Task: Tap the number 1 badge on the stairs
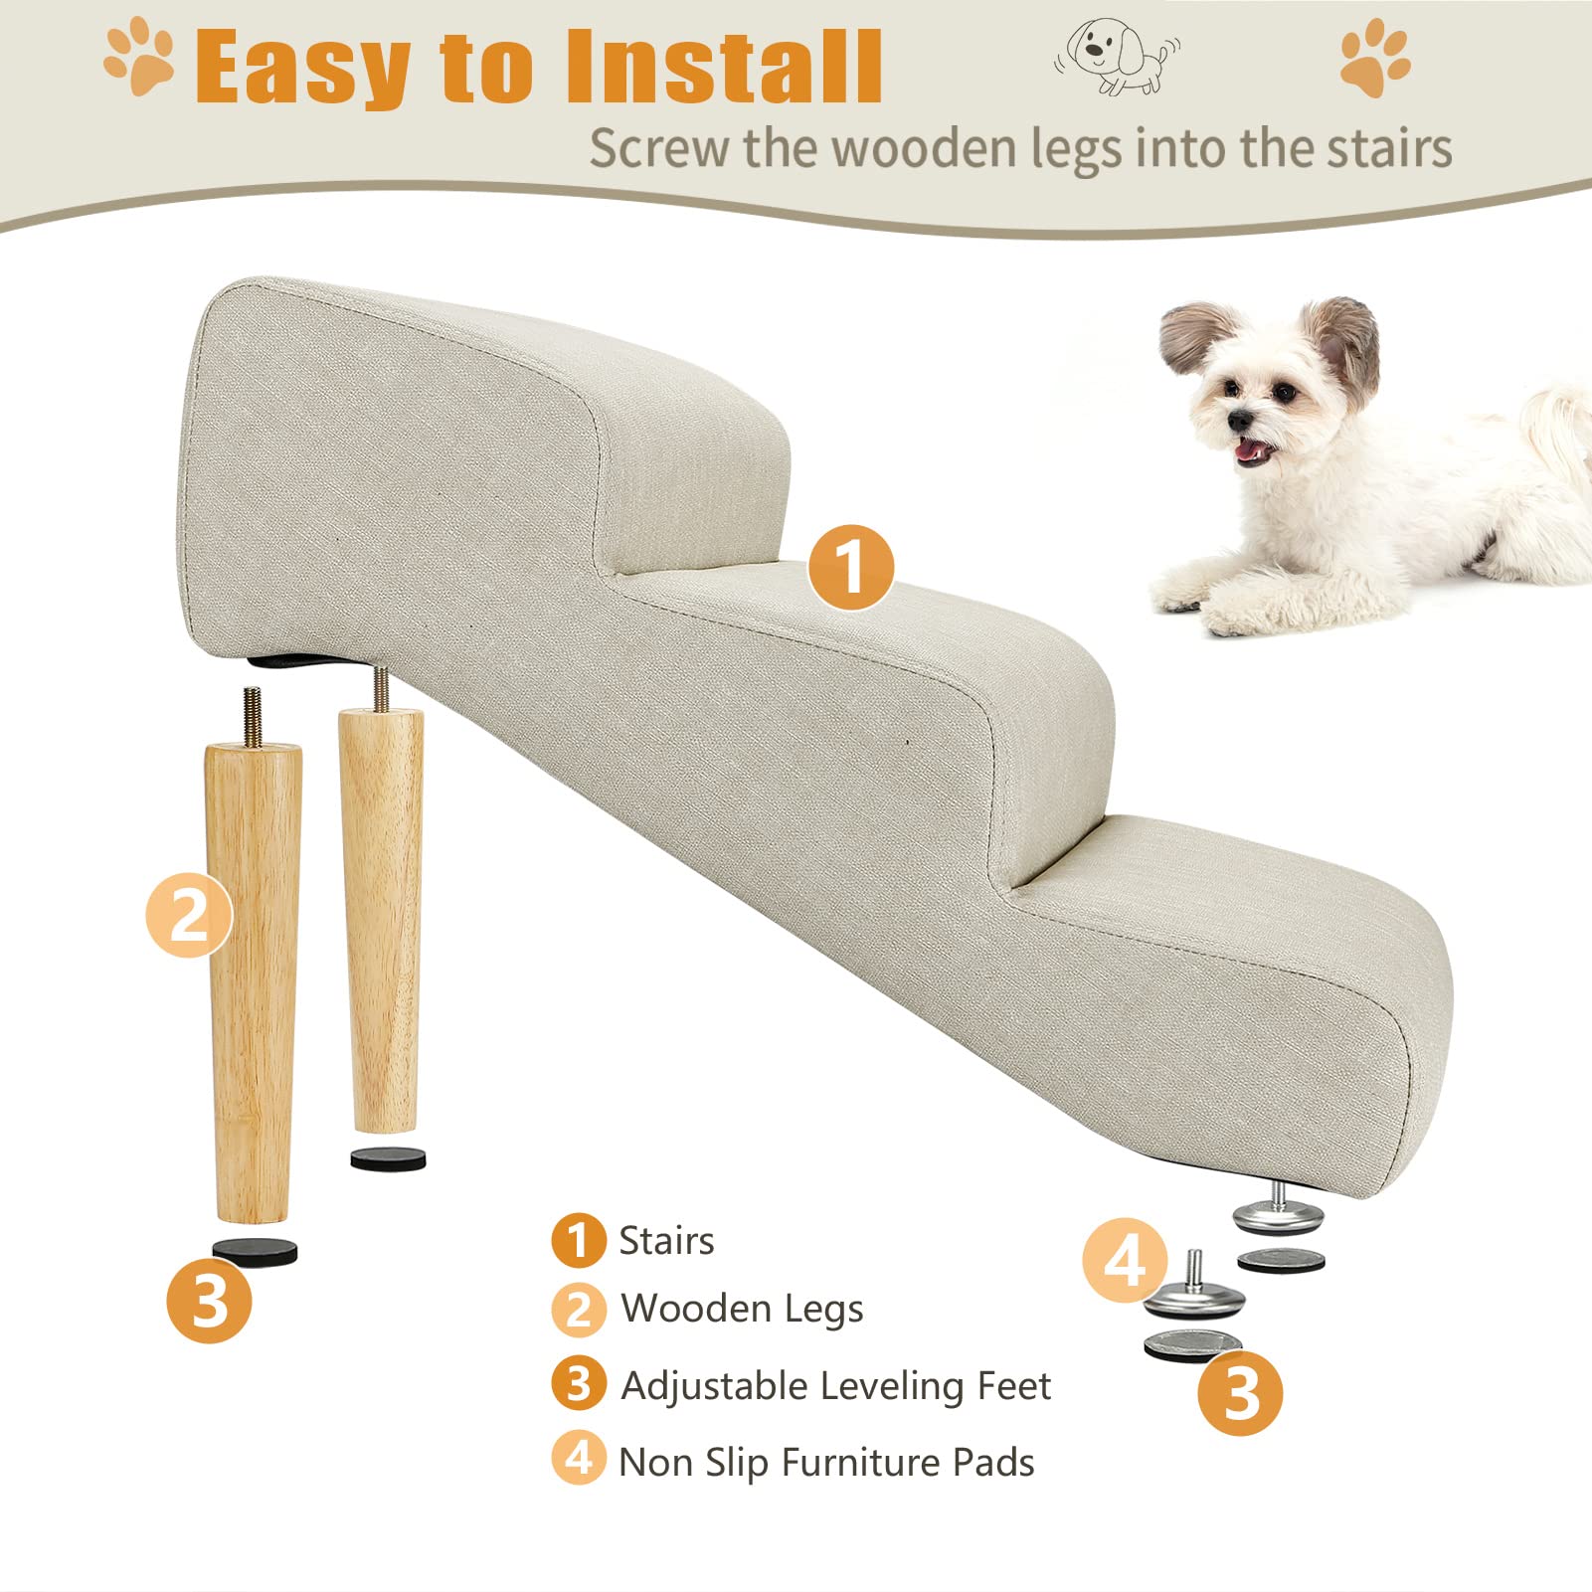850,568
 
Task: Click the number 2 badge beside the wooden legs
189,915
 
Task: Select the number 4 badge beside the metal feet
1125,1261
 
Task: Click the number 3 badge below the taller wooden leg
209,1301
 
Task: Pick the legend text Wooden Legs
742,1310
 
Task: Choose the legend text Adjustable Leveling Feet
835,1385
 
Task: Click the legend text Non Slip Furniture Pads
826,1462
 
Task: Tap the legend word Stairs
666,1241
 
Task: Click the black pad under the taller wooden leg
255,1251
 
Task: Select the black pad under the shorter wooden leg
388,1158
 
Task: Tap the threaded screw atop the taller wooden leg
253,715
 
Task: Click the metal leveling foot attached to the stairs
1279,1214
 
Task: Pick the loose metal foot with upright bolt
1194,1293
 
